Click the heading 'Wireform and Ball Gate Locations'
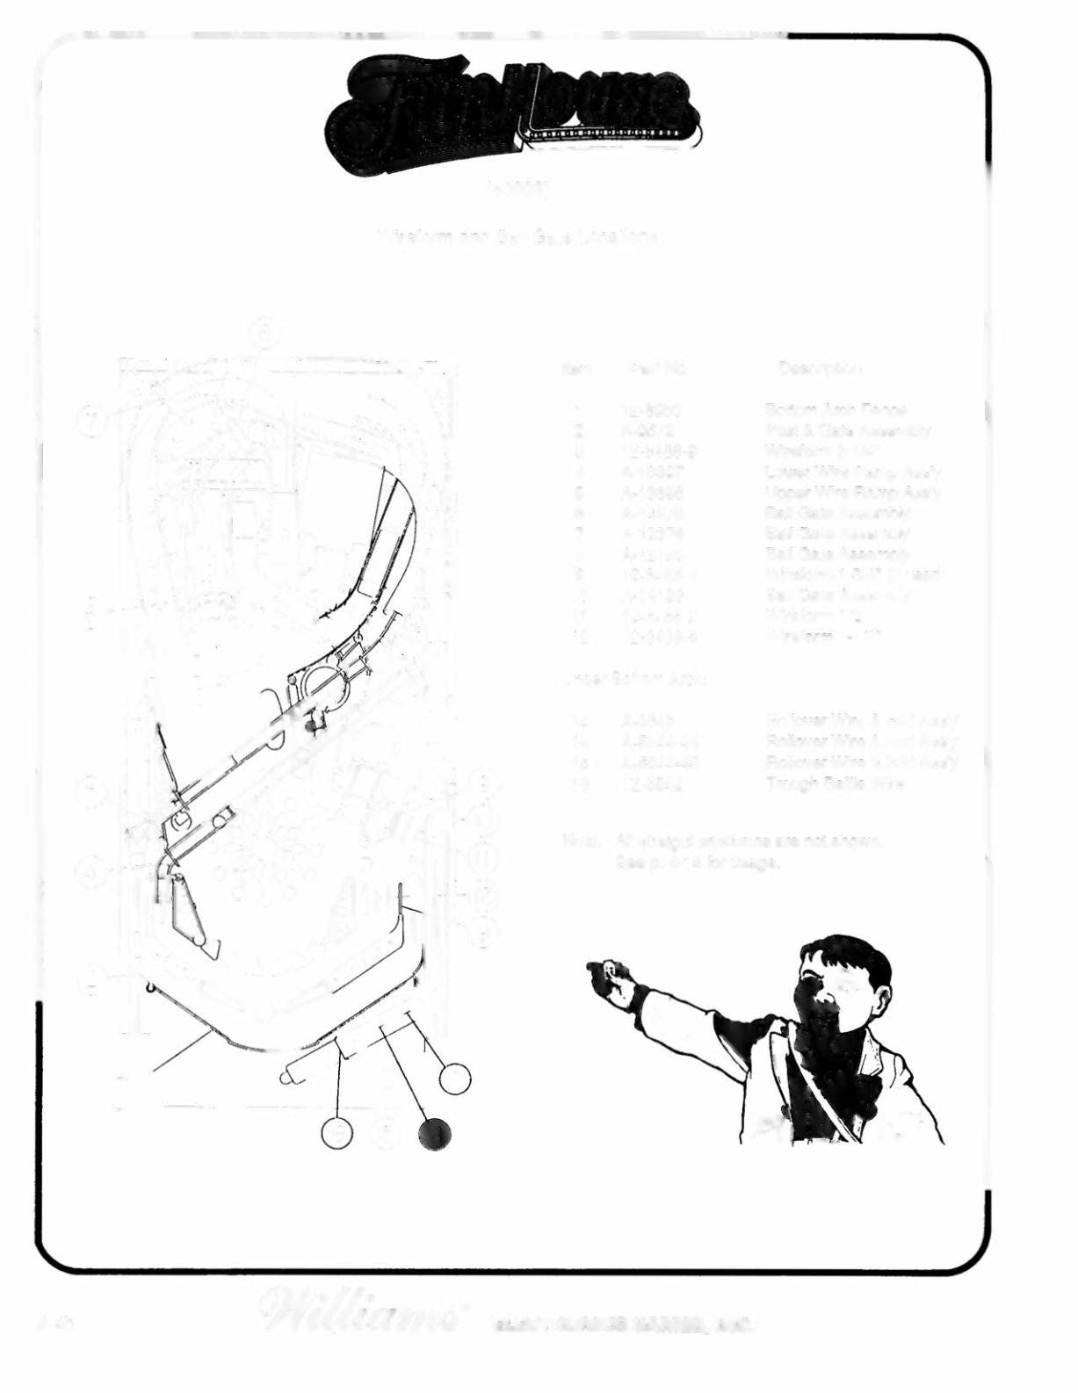coord(519,237)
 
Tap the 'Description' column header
coord(819,368)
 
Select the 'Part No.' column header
coord(656,368)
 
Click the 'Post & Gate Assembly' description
coord(847,430)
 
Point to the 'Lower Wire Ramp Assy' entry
coord(852,472)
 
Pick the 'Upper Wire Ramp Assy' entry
coord(852,492)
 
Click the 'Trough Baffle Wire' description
coord(835,783)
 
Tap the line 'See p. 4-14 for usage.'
coord(698,862)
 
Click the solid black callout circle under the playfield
coord(435,1134)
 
